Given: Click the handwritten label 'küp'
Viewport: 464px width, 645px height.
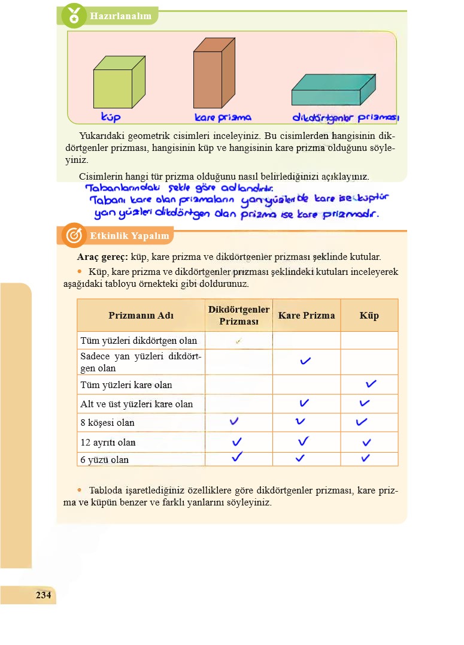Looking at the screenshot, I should (x=111, y=116).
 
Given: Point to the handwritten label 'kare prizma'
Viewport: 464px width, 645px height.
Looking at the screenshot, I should (x=223, y=118).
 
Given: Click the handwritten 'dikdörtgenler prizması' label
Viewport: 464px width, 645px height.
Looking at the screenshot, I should (x=345, y=118).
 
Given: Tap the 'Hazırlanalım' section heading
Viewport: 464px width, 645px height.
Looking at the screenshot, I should (x=120, y=16).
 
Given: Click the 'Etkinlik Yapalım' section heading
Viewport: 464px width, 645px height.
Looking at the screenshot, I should (x=129, y=236).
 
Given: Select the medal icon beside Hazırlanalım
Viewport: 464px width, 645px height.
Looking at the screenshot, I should (x=74, y=16).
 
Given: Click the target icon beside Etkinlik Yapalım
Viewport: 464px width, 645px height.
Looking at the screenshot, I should (x=73, y=236).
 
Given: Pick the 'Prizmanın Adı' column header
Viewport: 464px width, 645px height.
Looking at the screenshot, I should (x=141, y=316).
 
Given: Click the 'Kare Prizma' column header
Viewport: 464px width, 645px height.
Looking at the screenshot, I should (x=307, y=316).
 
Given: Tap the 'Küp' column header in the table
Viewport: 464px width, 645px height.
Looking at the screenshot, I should (x=369, y=316).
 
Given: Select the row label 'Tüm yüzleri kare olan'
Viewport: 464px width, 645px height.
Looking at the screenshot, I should (x=126, y=385).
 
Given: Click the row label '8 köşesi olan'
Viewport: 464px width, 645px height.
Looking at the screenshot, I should (x=108, y=423).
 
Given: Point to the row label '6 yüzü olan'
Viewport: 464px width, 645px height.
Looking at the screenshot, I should (x=105, y=460).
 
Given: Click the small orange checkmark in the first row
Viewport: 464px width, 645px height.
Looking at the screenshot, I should (x=238, y=341).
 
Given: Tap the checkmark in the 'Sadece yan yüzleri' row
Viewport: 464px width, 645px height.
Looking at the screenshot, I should (x=305, y=361).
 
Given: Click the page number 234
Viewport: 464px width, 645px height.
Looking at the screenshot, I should (x=44, y=595).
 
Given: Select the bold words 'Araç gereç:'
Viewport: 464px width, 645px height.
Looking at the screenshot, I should (x=102, y=257).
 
